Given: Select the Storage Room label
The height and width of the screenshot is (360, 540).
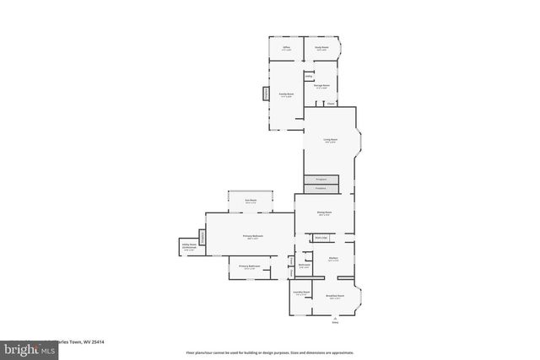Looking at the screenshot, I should click(x=321, y=86).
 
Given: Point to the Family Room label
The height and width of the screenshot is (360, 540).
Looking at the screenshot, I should click(x=286, y=94).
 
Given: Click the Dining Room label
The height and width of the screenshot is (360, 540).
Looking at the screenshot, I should click(x=324, y=213).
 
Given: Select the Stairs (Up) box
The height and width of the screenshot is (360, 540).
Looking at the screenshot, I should click(x=321, y=239).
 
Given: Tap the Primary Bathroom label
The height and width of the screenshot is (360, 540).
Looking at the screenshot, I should click(x=248, y=267).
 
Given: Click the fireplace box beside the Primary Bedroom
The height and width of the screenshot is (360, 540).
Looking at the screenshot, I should click(x=202, y=237).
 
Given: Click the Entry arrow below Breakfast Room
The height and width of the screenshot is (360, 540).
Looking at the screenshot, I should click(x=334, y=318).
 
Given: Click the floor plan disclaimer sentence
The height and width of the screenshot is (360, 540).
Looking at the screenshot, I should click(x=270, y=352).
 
